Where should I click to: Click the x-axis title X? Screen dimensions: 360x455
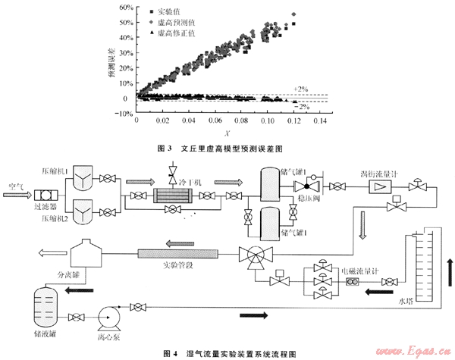[229, 132]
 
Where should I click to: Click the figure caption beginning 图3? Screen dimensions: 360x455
[227, 147]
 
